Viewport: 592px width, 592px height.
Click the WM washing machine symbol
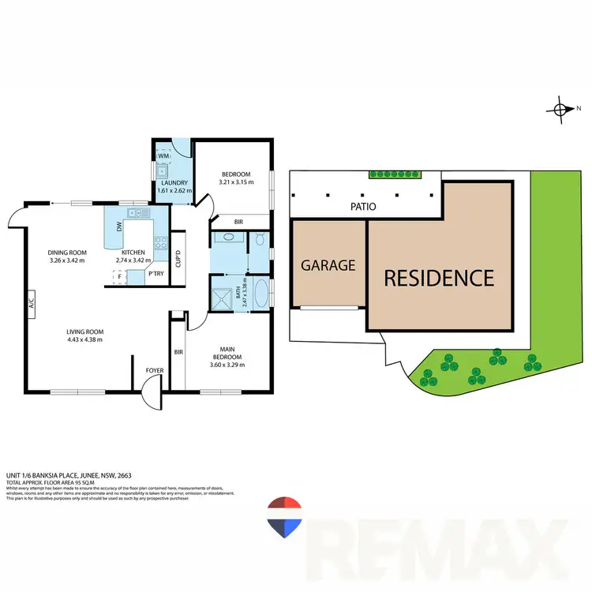point(163,158)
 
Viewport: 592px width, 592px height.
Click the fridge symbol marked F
point(119,276)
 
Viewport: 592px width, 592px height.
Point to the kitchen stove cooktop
point(161,243)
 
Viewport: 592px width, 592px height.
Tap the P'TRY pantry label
point(156,274)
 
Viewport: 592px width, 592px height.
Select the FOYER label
point(155,369)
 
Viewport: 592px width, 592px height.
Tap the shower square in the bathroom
point(222,298)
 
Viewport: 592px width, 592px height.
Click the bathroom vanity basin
point(229,237)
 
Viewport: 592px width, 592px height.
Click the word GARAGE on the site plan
point(328,265)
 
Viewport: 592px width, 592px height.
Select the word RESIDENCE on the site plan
point(439,278)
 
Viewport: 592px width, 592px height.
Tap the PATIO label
point(363,207)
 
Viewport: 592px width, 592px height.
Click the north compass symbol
point(560,110)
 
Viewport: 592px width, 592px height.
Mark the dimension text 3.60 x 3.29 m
point(226,365)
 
